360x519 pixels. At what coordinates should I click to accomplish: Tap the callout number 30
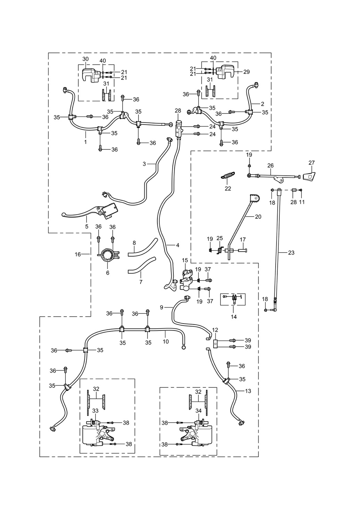point(85,59)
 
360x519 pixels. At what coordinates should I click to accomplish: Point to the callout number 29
point(246,72)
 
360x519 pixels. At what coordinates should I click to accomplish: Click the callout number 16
point(78,254)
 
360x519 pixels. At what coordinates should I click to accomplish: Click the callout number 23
point(291,253)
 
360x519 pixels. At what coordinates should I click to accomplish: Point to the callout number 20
point(258,217)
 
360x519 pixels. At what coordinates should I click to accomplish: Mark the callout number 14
point(234,317)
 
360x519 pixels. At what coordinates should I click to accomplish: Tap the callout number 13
point(248,391)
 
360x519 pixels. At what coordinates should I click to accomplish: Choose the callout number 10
point(166,342)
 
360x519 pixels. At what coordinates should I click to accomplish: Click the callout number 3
point(144,164)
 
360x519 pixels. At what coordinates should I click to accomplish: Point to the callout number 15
point(185,260)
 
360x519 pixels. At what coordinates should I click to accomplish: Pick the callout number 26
point(270,165)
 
